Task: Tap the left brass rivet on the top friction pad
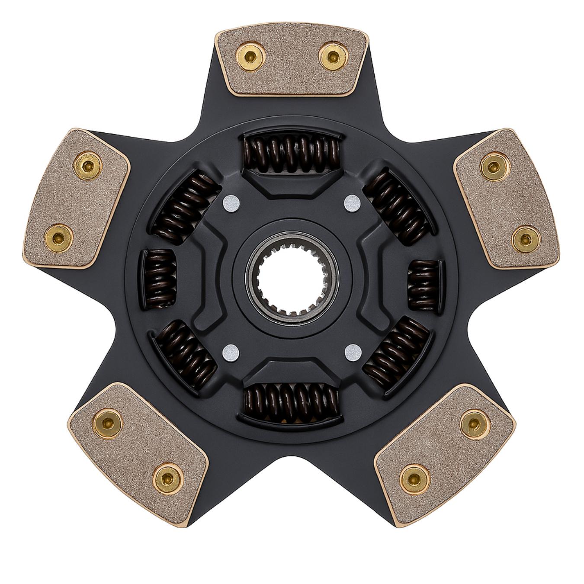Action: (251, 55)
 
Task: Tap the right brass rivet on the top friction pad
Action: (332, 55)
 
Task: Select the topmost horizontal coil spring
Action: (291, 154)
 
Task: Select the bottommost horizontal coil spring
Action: (291, 402)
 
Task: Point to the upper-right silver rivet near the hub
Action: (353, 202)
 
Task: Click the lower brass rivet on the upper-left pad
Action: (58, 236)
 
